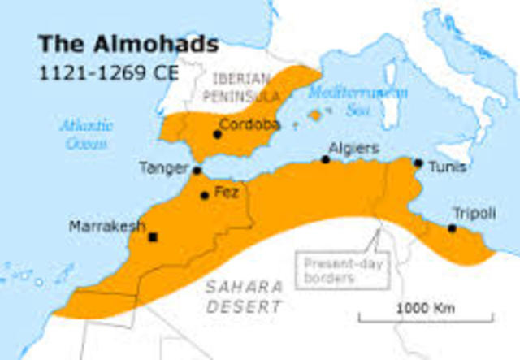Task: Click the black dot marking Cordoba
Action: pos(217,134)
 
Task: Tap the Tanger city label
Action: pos(163,168)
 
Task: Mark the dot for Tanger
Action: pos(197,171)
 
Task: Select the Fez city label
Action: pos(226,193)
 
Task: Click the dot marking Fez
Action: pos(205,195)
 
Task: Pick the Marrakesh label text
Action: pos(107,225)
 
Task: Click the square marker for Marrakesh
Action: pos(152,237)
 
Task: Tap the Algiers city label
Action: pos(353,149)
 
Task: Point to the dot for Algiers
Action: pos(325,159)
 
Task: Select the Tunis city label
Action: pos(449,167)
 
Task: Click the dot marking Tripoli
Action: pos(452,228)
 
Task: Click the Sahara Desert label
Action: pos(245,297)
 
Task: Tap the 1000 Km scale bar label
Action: pos(426,308)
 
